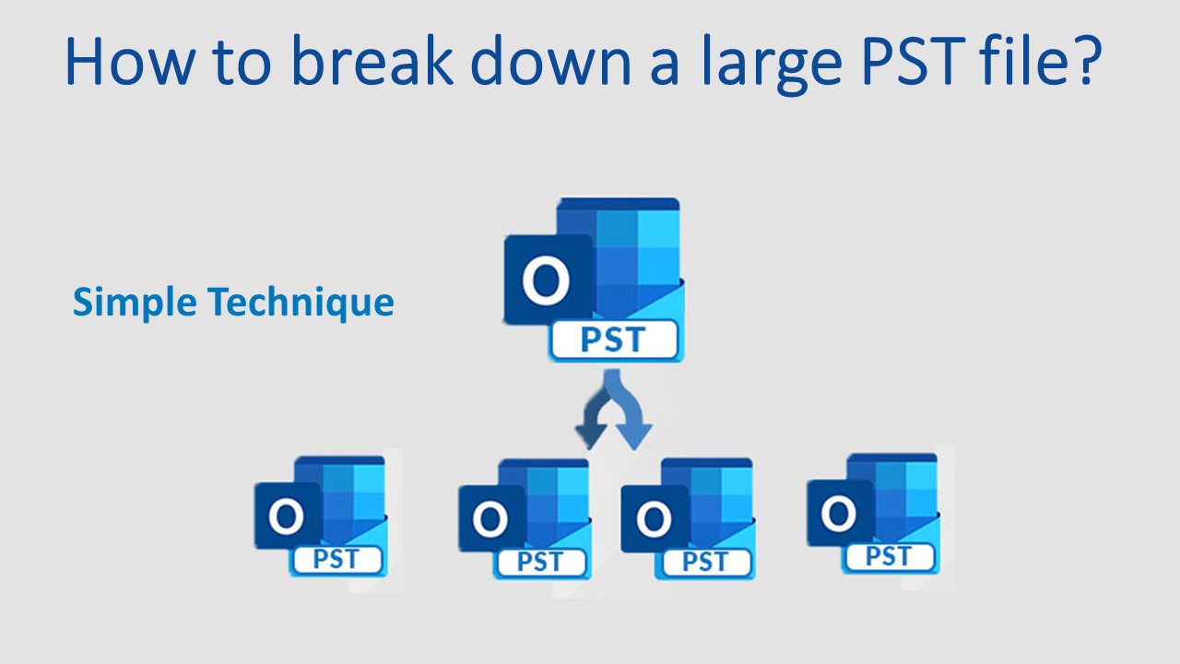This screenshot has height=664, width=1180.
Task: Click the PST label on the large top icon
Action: (613, 340)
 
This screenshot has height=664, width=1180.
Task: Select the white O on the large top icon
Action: (546, 280)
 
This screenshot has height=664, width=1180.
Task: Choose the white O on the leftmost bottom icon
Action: (287, 517)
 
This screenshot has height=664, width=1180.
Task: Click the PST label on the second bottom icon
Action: (539, 562)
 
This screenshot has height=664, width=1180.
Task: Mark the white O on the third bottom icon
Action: (654, 520)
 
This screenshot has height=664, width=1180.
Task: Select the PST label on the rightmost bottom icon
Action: (888, 556)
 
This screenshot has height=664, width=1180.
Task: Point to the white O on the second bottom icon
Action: (490, 520)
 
